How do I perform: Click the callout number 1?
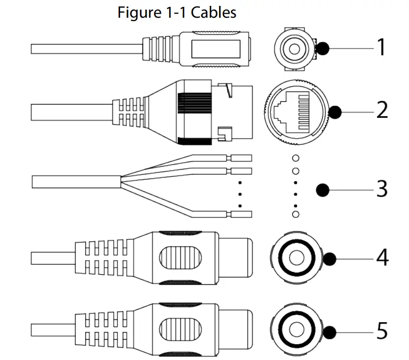381,48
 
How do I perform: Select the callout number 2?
382,110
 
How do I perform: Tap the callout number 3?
382,189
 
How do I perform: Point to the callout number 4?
382,258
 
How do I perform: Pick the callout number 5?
382,330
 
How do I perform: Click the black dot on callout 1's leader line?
323,48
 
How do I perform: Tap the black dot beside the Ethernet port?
335,112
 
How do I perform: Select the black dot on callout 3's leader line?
322,189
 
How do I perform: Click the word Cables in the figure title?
214,13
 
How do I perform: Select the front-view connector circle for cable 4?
296,258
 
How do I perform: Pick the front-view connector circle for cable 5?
296,329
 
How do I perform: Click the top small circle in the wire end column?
295,158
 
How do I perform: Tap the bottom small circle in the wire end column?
295,214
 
